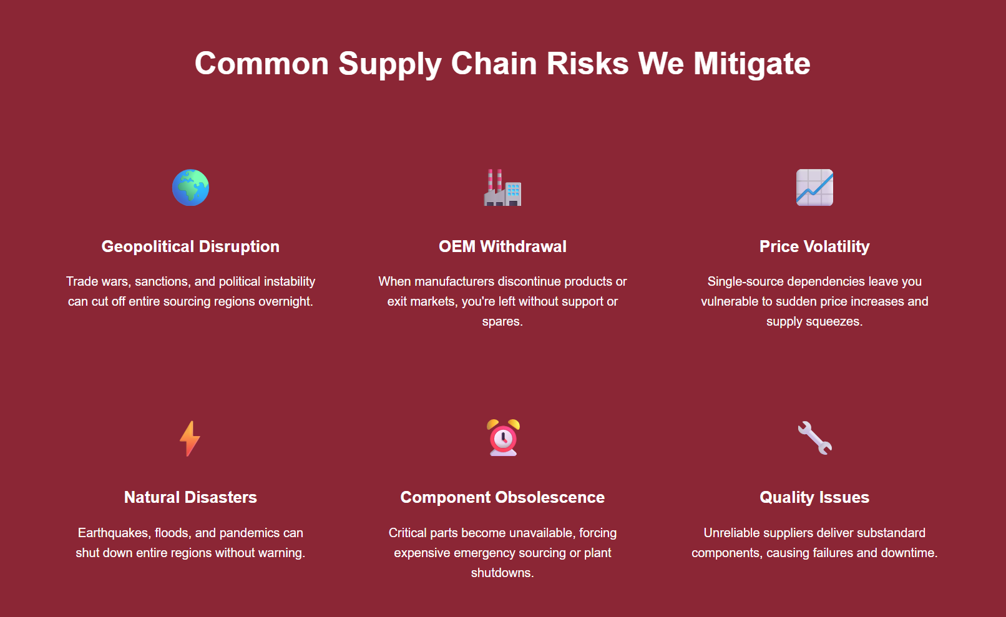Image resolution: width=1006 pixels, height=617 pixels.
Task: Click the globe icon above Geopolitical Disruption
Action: click(190, 188)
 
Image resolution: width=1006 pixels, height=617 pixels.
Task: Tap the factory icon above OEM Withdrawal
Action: click(502, 188)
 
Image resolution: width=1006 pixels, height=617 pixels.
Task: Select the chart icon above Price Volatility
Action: click(814, 188)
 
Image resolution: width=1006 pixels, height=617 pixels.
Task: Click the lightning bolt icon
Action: click(190, 439)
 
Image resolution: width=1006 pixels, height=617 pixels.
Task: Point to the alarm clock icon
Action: click(503, 438)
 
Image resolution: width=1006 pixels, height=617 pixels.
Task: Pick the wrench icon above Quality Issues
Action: click(814, 438)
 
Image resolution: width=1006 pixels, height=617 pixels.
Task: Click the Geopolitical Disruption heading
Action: click(190, 246)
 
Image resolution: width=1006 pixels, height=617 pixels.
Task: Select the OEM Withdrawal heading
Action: click(502, 246)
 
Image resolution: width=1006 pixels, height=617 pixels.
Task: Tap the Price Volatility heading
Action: click(814, 246)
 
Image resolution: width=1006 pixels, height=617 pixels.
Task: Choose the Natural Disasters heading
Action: click(190, 498)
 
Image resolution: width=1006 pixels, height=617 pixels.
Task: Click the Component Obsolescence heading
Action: click(502, 498)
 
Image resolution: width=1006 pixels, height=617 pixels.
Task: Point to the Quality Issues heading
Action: click(814, 498)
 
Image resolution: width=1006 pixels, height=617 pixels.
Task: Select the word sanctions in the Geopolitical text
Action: click(163, 281)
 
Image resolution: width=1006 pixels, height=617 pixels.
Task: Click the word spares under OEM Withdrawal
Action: click(502, 321)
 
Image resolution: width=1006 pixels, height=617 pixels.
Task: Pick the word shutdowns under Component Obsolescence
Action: click(502, 573)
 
